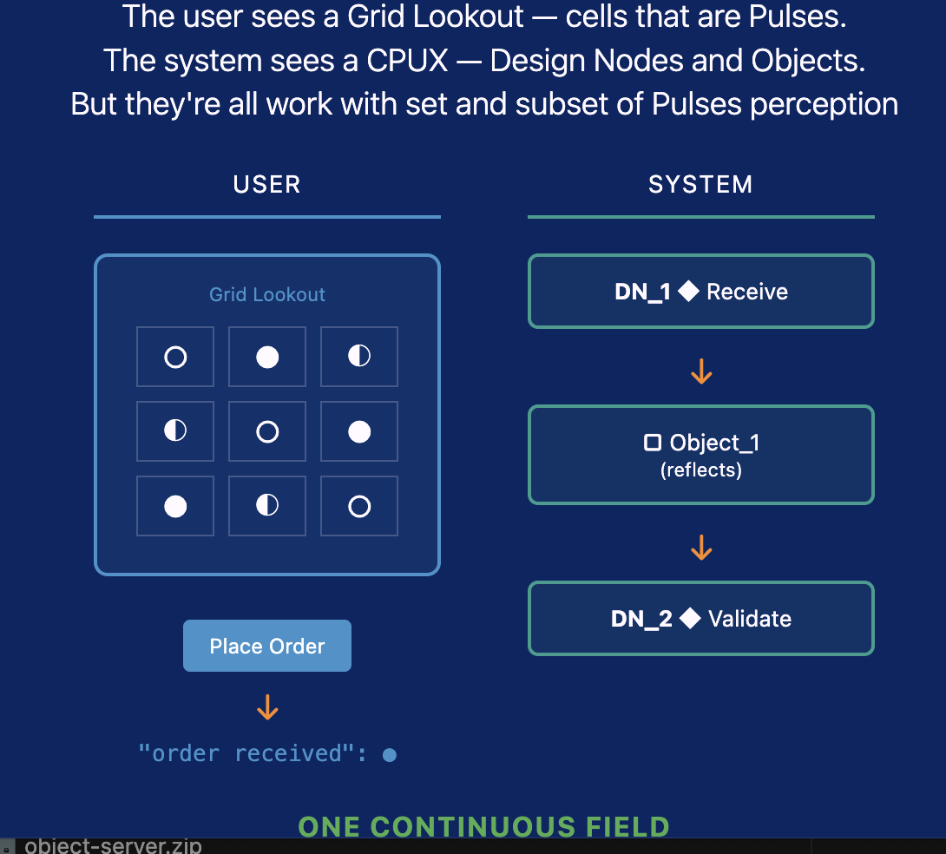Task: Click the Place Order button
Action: point(267,646)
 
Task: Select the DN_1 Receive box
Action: point(700,292)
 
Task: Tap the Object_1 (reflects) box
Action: point(700,455)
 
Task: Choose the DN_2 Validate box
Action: point(700,619)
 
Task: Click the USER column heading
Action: point(267,184)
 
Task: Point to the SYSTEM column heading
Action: point(700,184)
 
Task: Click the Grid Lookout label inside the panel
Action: point(267,294)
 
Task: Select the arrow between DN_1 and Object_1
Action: point(701,372)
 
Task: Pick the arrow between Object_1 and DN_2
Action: point(701,548)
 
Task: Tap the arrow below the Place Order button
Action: point(267,707)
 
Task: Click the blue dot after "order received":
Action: point(390,755)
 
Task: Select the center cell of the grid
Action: point(267,431)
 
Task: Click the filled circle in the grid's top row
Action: point(267,357)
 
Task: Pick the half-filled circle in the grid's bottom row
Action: point(267,506)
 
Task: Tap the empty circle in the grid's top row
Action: point(175,357)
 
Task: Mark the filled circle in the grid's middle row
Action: point(359,431)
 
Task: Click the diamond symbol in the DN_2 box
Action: point(690,619)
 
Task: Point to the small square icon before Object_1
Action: point(652,443)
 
